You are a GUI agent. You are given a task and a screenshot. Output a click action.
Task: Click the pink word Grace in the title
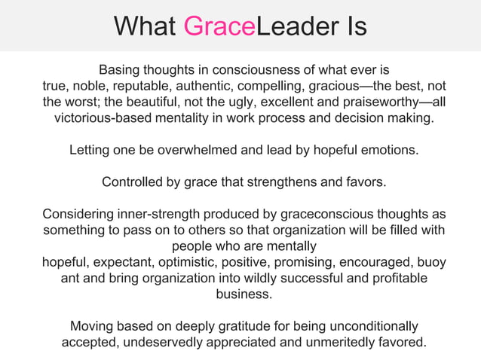tap(220, 26)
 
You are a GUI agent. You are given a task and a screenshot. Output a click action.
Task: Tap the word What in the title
tap(146, 26)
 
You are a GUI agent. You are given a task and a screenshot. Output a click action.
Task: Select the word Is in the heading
tap(351, 26)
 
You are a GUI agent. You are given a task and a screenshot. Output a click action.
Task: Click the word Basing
tap(122, 69)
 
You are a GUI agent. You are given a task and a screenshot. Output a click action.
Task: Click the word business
tap(244, 295)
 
